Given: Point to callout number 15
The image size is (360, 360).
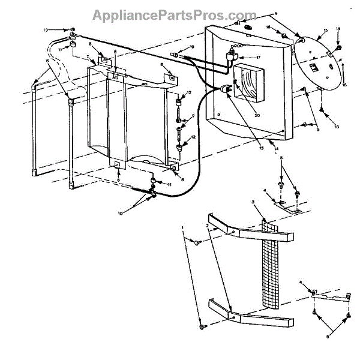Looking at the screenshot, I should click(x=325, y=30).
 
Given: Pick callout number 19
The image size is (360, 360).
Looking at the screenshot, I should click(x=192, y=47).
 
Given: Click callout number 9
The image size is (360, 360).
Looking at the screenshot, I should click(x=193, y=116).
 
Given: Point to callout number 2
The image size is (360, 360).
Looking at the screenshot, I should click(x=208, y=226).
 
